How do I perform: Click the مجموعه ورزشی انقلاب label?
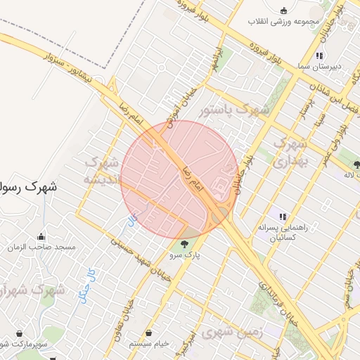tap(283, 21)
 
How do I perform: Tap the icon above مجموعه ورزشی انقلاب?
tap(283, 10)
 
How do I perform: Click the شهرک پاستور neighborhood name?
tap(233, 110)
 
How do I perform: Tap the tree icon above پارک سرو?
tap(184, 244)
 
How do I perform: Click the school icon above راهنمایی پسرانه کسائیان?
tap(283, 217)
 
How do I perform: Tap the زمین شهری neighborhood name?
tap(232, 333)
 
